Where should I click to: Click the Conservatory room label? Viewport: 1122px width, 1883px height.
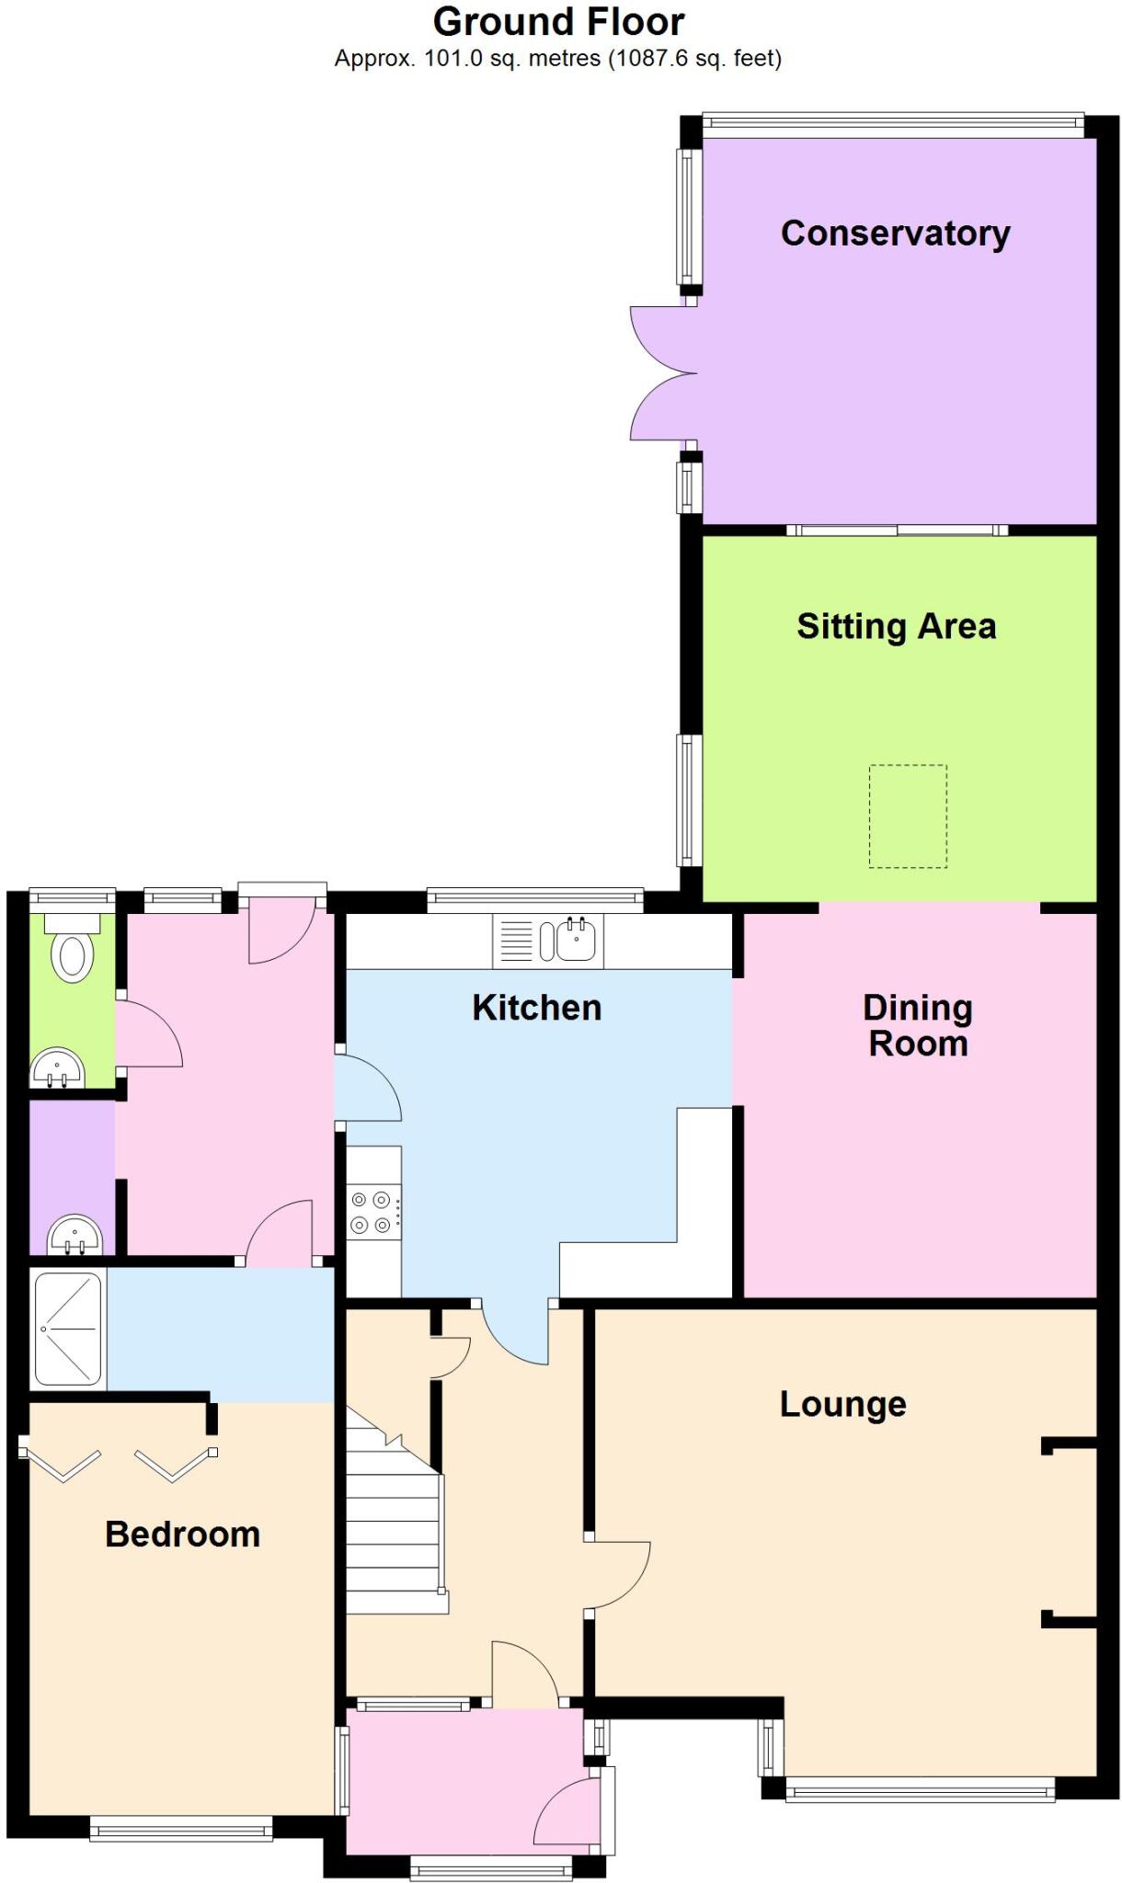[x=895, y=234]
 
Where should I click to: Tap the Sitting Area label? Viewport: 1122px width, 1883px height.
[x=896, y=626]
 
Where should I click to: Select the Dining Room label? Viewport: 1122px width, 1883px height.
[x=917, y=1025]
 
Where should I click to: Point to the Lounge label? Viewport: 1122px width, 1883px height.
[x=842, y=1404]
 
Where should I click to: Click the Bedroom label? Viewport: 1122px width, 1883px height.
[x=182, y=1534]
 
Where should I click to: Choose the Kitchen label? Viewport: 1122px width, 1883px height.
[x=536, y=1008]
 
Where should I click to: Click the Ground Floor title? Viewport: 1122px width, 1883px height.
[x=558, y=22]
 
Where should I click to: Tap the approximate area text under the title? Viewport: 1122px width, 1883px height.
[x=558, y=59]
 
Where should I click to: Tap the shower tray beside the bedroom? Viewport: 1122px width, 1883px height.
[x=67, y=1329]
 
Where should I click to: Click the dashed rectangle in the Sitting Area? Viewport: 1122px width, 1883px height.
[x=908, y=816]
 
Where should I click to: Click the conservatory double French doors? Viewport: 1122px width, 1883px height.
[x=660, y=374]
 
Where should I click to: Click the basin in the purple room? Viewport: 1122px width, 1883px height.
[x=74, y=1235]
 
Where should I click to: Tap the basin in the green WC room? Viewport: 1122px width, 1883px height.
[x=58, y=1068]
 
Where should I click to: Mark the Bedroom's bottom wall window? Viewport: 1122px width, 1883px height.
[x=181, y=1829]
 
